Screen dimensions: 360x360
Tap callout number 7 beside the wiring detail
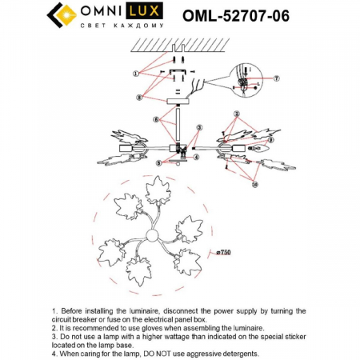(x=275, y=78)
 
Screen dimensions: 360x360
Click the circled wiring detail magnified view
(x=244, y=80)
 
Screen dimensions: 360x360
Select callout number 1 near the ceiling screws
(x=136, y=73)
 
